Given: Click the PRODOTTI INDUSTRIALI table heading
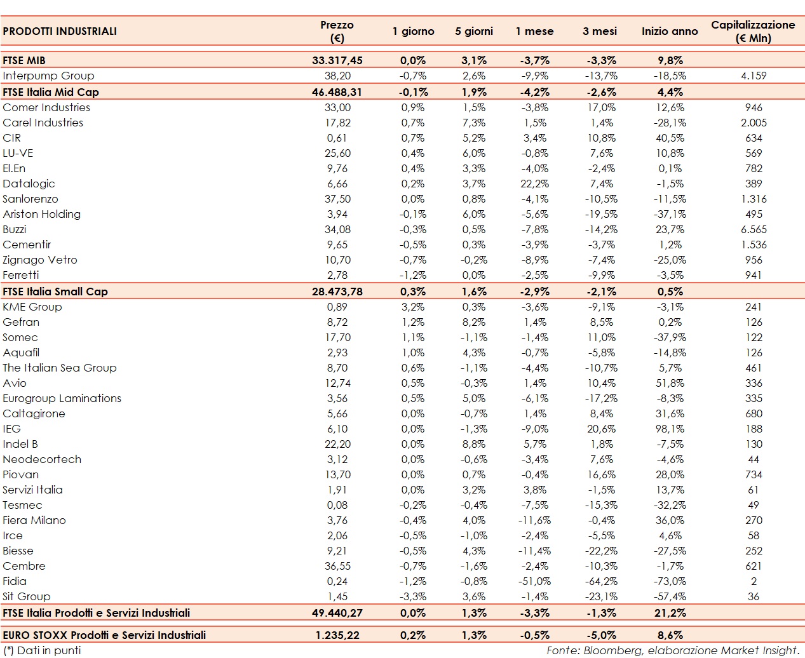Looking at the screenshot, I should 60,31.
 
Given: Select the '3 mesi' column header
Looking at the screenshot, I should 599,31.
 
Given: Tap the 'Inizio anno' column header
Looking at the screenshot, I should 669,31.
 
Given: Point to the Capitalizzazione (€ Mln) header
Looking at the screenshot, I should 753,31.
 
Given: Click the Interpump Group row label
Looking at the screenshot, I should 48,76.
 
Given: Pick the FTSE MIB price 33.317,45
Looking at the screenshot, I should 337,60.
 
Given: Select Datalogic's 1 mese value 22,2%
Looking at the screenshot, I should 534,184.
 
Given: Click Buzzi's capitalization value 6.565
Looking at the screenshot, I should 753,229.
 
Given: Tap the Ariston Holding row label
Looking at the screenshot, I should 42,214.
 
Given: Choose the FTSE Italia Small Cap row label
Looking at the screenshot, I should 55,292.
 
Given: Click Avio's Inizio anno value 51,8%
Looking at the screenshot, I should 670,383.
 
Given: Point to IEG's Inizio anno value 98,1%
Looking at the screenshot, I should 670,429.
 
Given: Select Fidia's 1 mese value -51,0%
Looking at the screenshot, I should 534,581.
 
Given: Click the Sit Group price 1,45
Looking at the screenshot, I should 337,596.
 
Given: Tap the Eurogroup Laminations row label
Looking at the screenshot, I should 62,398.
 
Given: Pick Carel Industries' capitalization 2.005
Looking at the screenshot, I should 753,123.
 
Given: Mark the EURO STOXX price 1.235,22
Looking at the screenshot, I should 337,635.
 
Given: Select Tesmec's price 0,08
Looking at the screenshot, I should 337,505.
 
